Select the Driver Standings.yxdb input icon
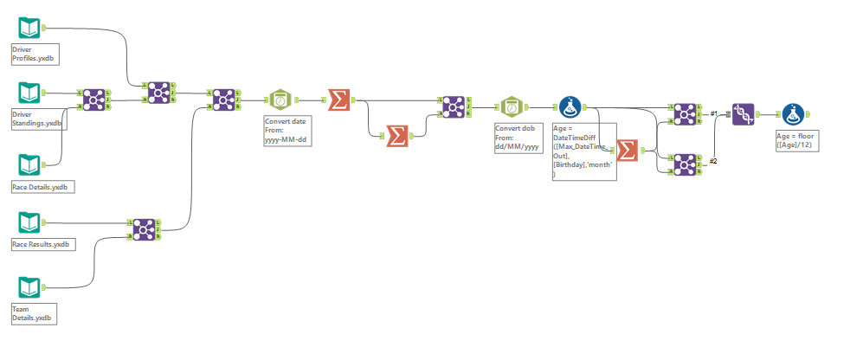point(29,93)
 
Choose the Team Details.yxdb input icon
point(29,286)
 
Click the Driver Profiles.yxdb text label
point(35,55)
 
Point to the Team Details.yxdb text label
point(33,313)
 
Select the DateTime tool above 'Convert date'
point(281,100)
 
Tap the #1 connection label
point(715,113)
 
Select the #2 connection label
point(715,161)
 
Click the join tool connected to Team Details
point(145,229)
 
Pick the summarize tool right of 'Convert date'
point(338,100)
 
